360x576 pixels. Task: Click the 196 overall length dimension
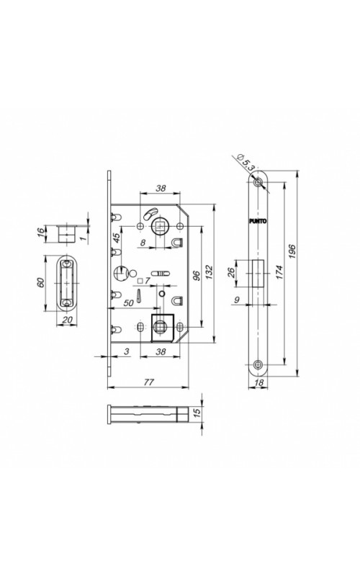coord(292,251)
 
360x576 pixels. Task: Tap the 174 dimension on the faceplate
coord(279,273)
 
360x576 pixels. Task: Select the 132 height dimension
coord(210,272)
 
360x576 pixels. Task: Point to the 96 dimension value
coord(196,276)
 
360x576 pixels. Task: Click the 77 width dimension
coord(148,382)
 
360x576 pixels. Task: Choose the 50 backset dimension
coord(128,302)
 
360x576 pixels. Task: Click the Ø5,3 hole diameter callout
coord(246,161)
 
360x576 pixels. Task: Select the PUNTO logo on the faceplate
coord(258,221)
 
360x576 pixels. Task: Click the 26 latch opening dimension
coord(231,273)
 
